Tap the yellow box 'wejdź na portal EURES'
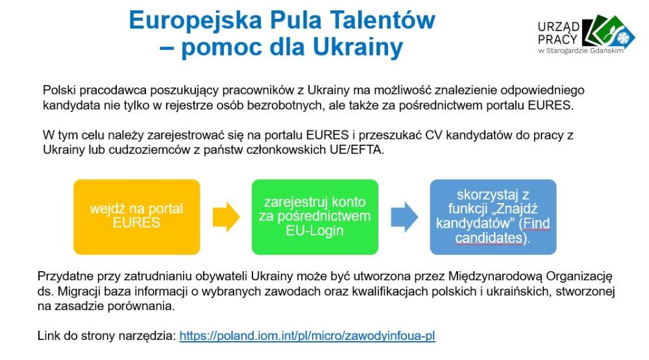pos(136,217)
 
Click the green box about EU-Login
pos(315,217)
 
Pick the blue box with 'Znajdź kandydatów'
pos(493,217)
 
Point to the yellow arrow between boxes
pos(226,217)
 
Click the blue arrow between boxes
pos(404,217)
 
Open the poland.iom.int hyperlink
pos(307,335)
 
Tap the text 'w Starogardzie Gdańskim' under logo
pos(581,51)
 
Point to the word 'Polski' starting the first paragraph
pos(59,90)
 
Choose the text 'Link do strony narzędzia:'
pos(107,335)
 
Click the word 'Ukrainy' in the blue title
pos(358,47)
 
